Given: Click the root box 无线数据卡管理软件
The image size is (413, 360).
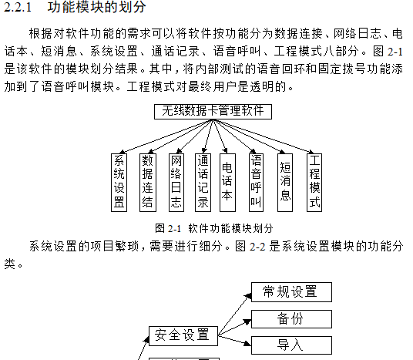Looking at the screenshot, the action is pos(213,112).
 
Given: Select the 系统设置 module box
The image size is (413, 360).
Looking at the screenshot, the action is pos(119,183).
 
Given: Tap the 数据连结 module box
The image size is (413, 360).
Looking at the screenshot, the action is pos(148,183).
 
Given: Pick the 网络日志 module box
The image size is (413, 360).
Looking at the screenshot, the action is pos(176,183).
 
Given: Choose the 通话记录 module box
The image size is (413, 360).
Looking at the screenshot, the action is pos(203,183).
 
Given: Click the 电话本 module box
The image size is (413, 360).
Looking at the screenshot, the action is pos(227,183).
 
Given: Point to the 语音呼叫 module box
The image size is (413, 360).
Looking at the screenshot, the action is pos(256,183).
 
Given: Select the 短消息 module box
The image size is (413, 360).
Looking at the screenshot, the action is pos(285,183).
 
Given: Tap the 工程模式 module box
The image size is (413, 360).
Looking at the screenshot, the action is pos(314,183).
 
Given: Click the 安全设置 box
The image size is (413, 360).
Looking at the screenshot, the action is pos(183,336).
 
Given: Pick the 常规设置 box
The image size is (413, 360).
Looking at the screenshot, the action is pos(291,292).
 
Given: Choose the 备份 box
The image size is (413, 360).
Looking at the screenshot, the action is pos(291,319).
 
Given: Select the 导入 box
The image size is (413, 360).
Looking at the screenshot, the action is pos(291,345).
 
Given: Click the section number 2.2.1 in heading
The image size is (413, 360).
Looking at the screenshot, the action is pos(18,7).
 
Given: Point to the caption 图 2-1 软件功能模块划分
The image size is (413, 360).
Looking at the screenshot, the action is pos(214,228).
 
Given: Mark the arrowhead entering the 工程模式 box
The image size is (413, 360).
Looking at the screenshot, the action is pos(311,152).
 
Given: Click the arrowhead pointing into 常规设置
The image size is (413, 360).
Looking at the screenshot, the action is pos(248,297).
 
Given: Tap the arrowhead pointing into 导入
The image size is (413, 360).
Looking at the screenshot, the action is pos(248,343).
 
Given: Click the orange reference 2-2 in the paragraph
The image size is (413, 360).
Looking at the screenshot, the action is pos(257,247).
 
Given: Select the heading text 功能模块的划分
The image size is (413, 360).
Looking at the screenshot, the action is pos(96,7).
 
